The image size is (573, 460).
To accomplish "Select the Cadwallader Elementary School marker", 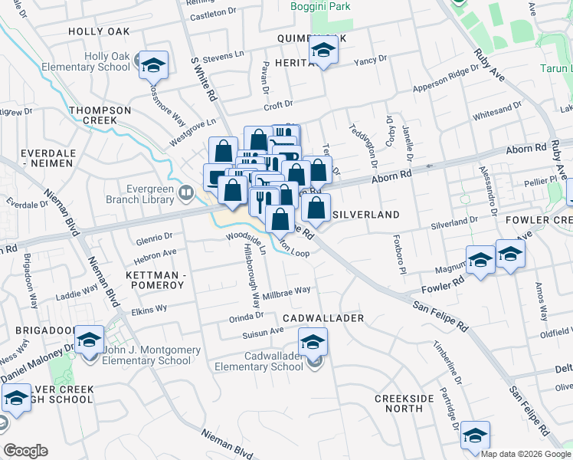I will [x=313, y=342].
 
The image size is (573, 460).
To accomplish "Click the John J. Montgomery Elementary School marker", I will [x=90, y=340].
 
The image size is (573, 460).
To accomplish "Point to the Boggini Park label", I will [x=318, y=6].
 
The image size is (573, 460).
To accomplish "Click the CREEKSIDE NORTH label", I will [x=404, y=404].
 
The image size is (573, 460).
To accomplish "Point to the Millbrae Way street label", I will [x=286, y=291].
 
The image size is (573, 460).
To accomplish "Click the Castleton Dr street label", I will [x=213, y=13].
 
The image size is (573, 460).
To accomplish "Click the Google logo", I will [x=25, y=451].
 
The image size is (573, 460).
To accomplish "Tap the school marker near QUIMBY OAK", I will [x=323, y=53].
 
